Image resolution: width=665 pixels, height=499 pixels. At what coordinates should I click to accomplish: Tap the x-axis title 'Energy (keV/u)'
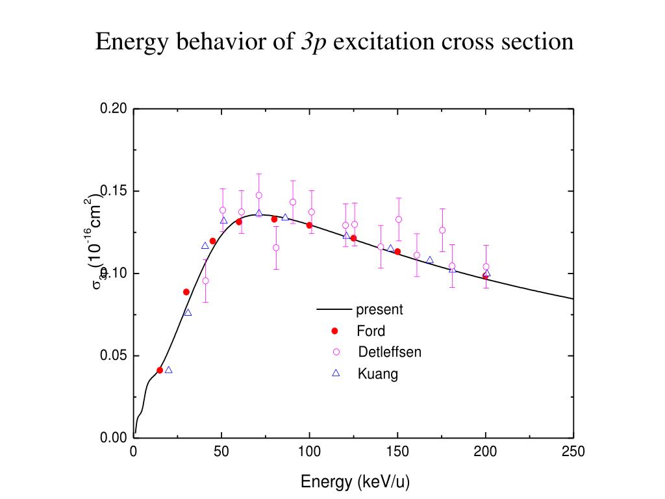pos(355,481)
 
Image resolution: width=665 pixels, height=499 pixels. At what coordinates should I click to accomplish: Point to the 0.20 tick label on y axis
pos(113,109)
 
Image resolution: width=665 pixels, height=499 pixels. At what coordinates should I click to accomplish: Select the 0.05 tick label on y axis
pos(113,356)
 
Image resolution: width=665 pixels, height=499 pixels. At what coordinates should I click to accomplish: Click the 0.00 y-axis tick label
pos(113,438)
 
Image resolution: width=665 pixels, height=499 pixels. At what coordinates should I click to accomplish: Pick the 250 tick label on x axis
pos(573,452)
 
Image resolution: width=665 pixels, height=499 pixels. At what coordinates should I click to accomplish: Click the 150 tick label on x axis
pos(397,452)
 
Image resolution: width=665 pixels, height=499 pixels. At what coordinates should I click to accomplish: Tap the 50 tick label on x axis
pos(221,452)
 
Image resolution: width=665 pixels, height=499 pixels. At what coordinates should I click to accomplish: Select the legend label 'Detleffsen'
pos(390,352)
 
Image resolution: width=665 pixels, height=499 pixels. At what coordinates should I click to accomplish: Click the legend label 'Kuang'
pos(377,374)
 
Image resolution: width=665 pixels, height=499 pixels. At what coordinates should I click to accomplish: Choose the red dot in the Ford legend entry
pos(336,331)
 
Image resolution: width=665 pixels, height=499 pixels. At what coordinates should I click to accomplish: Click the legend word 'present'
pos(379,309)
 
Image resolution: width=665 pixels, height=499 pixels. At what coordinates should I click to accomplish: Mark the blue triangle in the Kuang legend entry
pos(336,373)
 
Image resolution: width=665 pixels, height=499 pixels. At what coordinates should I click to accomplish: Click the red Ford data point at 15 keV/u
pos(160,370)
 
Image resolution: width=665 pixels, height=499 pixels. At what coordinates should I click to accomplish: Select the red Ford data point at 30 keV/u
pos(186,292)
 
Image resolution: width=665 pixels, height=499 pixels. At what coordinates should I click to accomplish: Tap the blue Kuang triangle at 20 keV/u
pos(169,370)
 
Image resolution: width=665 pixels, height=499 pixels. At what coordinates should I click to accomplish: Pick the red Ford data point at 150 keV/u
pos(397,251)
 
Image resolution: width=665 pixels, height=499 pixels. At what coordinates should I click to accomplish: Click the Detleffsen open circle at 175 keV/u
pos(442,230)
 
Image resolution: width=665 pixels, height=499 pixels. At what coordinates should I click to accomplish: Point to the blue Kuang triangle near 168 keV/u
pos(430,260)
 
